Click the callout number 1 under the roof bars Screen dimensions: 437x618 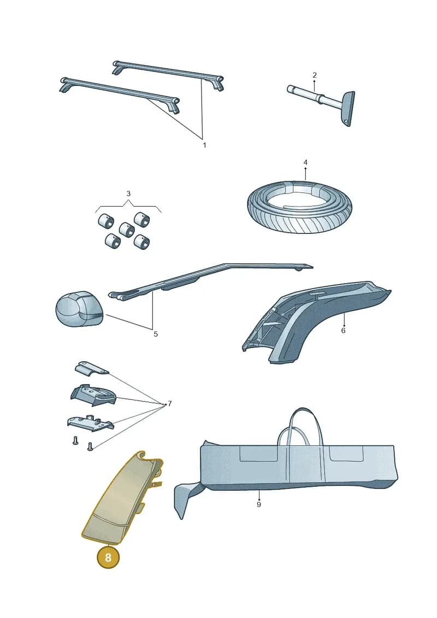click(204, 145)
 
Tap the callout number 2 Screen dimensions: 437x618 click(315, 75)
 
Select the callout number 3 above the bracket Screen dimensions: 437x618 click(128, 193)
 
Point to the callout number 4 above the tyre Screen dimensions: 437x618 click(305, 162)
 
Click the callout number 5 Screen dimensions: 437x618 click(156, 334)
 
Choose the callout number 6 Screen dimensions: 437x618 click(343, 330)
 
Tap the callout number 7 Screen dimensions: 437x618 click(170, 404)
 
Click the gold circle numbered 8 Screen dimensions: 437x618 click(108, 557)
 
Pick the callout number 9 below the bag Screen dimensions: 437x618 click(259, 504)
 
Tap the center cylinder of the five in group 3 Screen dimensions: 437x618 click(127, 229)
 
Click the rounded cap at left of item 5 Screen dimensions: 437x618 click(79, 309)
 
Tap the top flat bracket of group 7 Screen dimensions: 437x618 click(91, 368)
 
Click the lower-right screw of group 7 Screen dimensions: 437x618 click(90, 446)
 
